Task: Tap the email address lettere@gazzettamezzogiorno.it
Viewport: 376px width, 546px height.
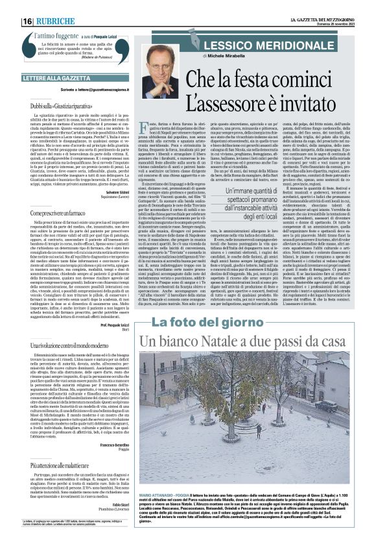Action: pyautogui.click(x=117, y=89)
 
